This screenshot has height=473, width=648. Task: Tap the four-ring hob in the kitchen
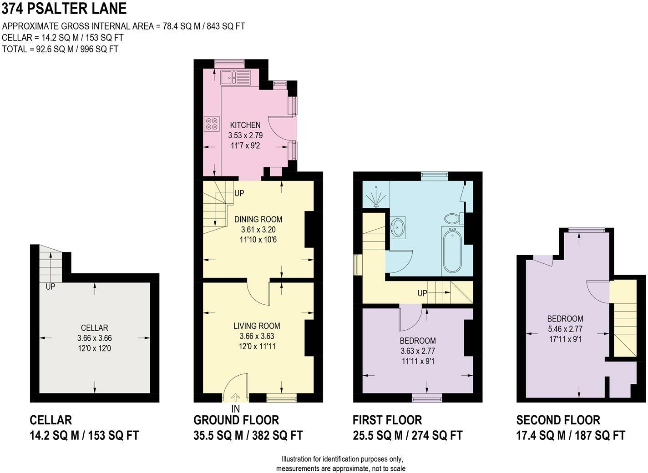point(212,124)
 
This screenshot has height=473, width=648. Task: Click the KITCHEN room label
point(245,125)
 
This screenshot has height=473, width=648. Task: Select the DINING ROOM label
point(258,219)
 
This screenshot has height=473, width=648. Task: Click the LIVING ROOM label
point(257,326)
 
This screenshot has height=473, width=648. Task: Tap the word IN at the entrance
point(236,409)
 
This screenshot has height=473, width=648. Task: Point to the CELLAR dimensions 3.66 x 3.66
point(95,338)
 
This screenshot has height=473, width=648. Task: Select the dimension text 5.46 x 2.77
point(565,329)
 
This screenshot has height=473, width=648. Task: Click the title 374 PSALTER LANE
point(64,8)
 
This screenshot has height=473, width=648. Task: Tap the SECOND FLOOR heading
point(558,420)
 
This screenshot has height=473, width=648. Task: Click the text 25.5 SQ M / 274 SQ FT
point(408,435)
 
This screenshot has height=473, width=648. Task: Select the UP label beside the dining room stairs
point(239,193)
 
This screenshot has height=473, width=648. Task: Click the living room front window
point(282,398)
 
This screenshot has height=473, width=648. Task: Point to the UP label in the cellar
point(51,287)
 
